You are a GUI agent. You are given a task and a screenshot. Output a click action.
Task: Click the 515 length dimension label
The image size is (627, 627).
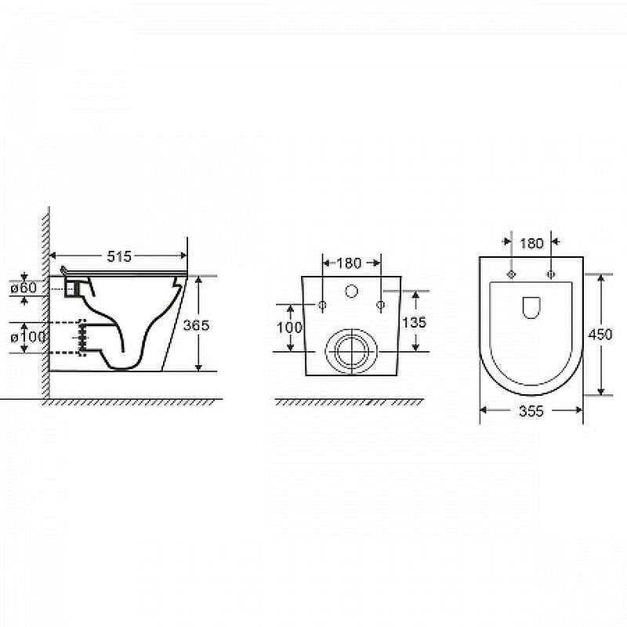pyautogui.click(x=119, y=256)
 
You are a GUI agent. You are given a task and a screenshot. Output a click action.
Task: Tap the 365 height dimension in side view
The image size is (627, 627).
pyautogui.click(x=197, y=325)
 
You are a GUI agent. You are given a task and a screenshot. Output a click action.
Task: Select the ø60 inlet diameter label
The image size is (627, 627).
pyautogui.click(x=24, y=288)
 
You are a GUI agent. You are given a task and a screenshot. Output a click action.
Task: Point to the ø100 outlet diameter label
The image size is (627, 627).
pyautogui.click(x=28, y=337)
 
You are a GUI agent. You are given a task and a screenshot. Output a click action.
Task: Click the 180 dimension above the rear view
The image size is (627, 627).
pyautogui.click(x=349, y=263)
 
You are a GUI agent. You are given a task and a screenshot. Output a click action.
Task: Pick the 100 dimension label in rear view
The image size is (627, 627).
pyautogui.click(x=289, y=328)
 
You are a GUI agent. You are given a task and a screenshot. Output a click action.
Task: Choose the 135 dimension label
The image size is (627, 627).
pyautogui.click(x=415, y=322)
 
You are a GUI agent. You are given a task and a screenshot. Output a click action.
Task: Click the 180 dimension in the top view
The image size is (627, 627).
pyautogui.click(x=531, y=243)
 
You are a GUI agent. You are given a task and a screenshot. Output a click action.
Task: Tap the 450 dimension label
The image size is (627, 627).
pyautogui.click(x=600, y=335)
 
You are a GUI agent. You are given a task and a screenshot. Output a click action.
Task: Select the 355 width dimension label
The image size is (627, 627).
pyautogui.click(x=531, y=411)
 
